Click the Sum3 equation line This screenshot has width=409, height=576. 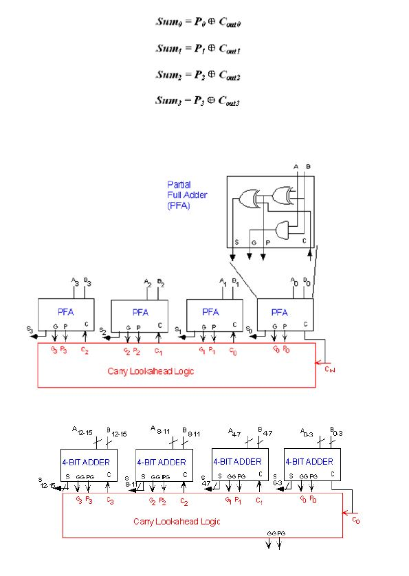198,100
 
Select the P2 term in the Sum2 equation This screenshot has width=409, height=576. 200,74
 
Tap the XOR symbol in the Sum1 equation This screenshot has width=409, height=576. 214,49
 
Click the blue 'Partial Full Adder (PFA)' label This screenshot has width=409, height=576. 187,195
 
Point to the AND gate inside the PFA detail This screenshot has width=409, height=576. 283,228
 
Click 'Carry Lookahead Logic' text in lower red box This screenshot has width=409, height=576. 176,522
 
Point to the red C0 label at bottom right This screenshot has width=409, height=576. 355,520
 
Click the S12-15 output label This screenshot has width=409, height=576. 47,484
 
